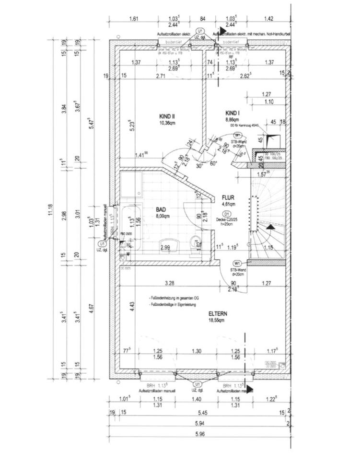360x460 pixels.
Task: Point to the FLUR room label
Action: [x=228, y=197]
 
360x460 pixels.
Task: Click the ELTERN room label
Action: [x=217, y=314]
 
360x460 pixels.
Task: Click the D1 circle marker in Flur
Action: [x=227, y=214]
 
